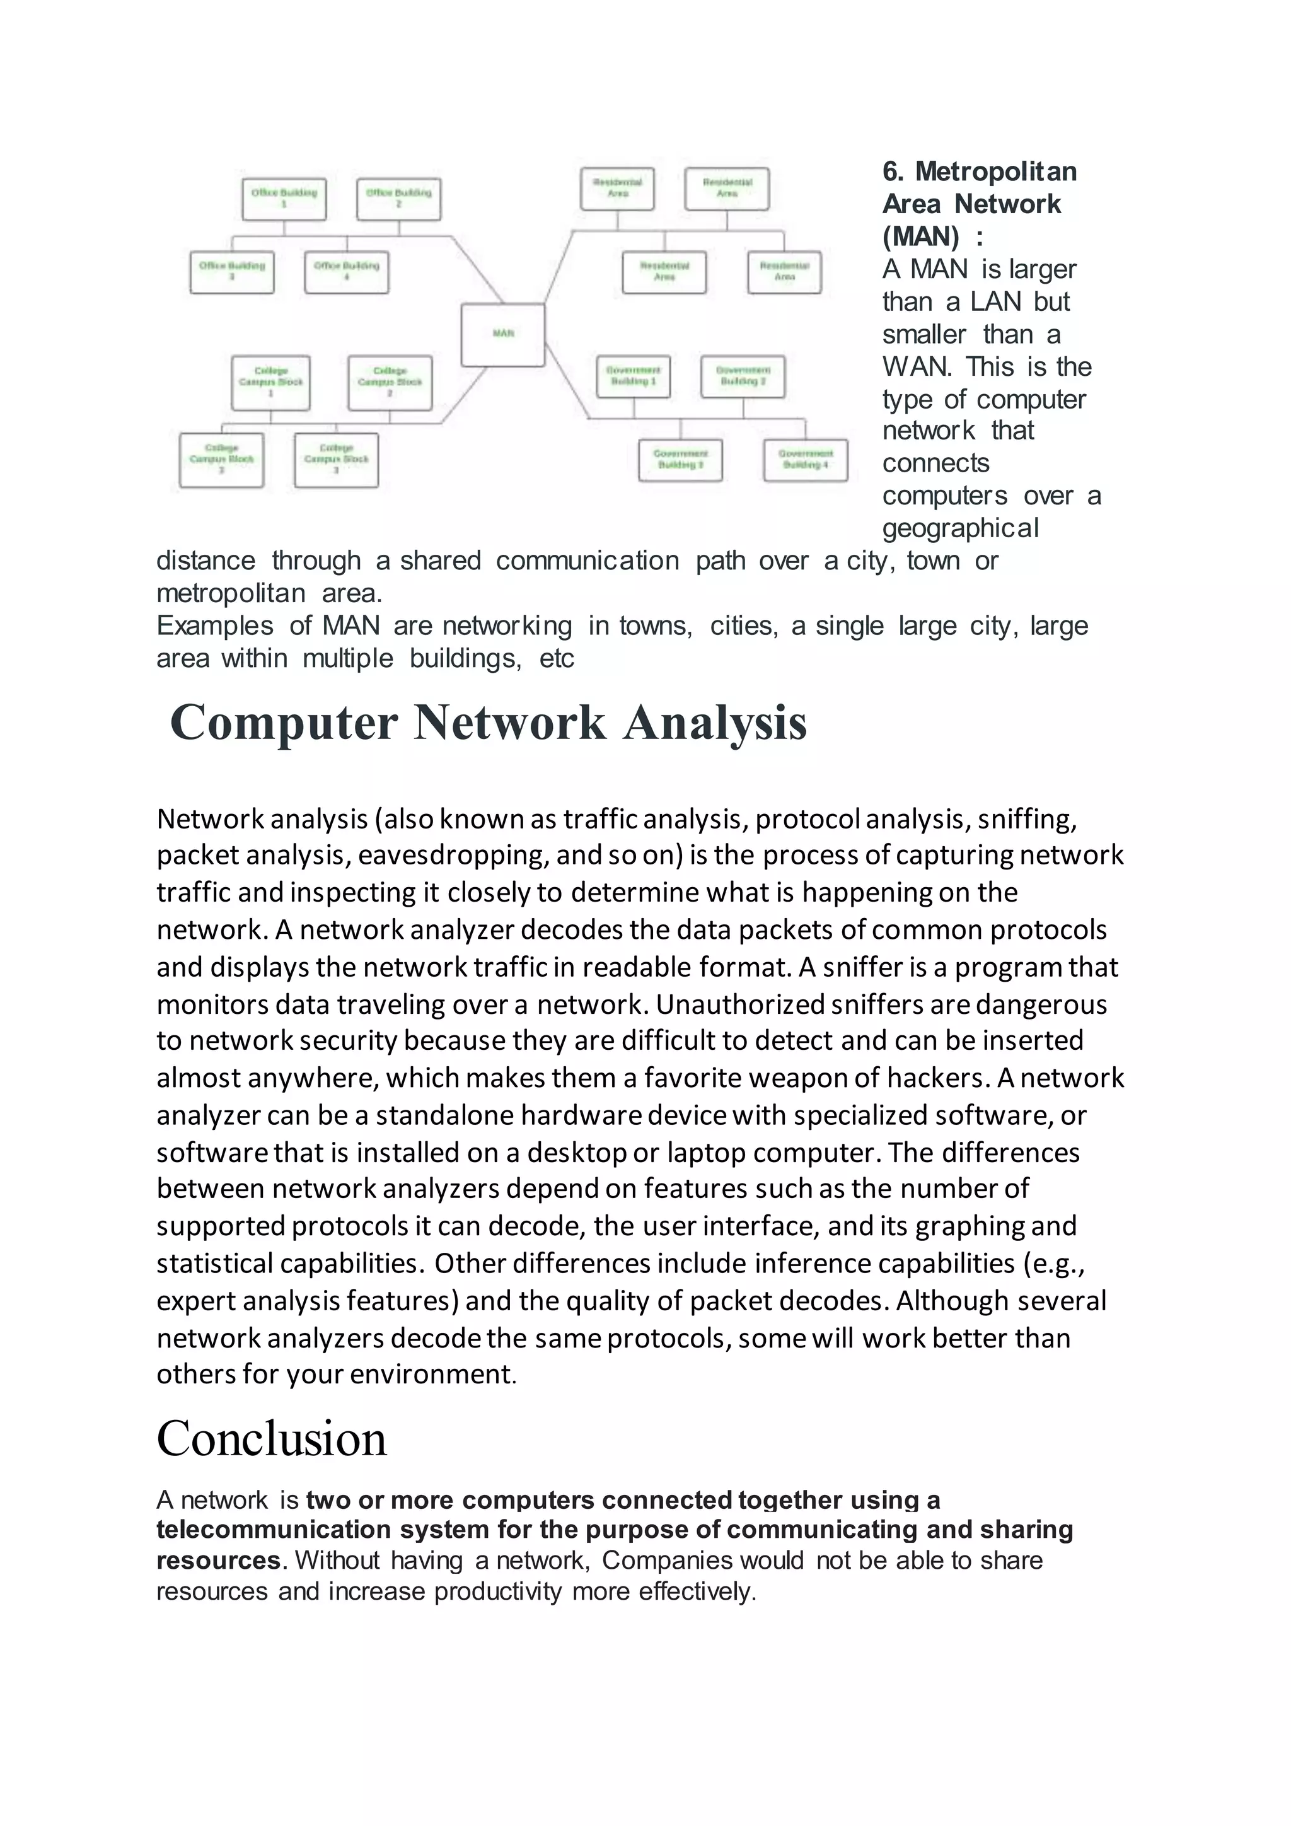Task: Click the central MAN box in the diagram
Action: point(503,334)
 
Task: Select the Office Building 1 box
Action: point(284,198)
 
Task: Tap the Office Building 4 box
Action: point(347,272)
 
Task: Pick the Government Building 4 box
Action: point(805,460)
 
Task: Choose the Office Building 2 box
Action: point(398,198)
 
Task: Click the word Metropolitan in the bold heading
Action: point(996,171)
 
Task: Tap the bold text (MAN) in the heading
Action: point(920,236)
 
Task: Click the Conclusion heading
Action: point(271,1438)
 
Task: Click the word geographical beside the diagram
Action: point(960,528)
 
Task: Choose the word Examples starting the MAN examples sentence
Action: point(214,626)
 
